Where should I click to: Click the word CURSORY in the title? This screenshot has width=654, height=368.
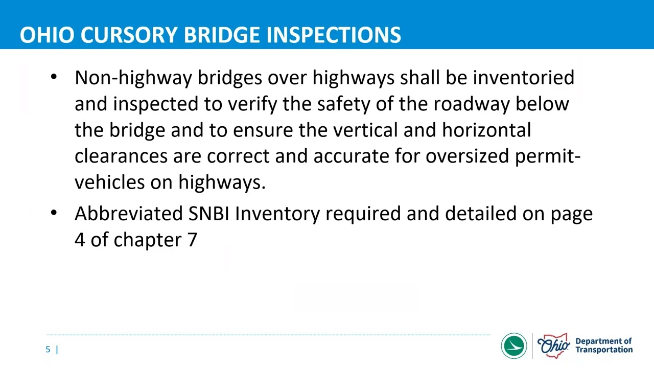tap(129, 35)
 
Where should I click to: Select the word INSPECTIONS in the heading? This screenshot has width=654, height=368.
tap(334, 35)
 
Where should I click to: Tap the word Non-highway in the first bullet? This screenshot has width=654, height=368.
tap(133, 78)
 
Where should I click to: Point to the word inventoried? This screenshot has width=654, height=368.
tap(523, 78)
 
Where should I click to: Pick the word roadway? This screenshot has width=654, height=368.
tap(471, 104)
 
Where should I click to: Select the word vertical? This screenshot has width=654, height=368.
tap(365, 130)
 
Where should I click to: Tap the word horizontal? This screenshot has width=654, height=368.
tap(486, 130)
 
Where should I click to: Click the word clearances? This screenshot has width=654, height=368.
tap(121, 156)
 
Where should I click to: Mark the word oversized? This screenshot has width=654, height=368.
tap(467, 156)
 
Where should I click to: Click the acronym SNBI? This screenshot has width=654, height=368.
tap(208, 214)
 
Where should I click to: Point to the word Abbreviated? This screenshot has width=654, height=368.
tap(128, 214)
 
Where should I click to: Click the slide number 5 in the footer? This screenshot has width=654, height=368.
tap(48, 350)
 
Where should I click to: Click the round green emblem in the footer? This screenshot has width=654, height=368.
tap(513, 346)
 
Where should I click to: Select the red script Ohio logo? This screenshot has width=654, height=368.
tap(553, 346)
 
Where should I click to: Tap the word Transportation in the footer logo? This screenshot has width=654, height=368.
tap(604, 350)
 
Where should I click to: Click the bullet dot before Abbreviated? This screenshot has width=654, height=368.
tap(54, 213)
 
